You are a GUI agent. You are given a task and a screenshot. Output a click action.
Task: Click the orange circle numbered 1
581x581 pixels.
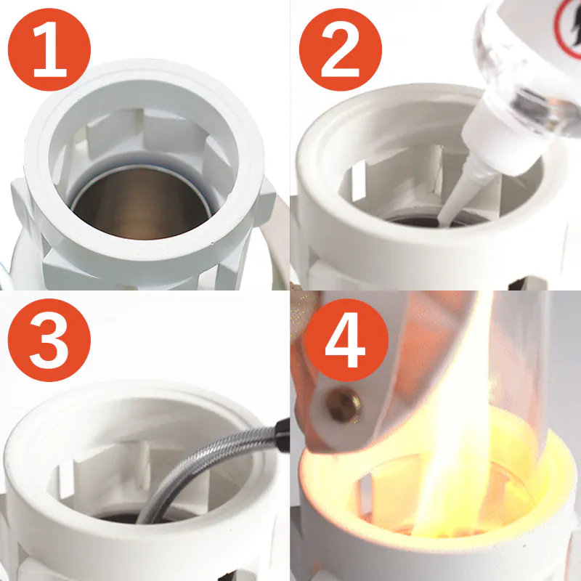coord(49,49)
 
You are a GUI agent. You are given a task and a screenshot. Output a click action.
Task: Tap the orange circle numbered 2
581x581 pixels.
coord(341,49)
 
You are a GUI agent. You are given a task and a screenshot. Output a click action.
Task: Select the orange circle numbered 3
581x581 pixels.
coord(49,340)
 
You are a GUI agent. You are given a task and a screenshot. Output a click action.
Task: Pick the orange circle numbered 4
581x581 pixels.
coord(347,340)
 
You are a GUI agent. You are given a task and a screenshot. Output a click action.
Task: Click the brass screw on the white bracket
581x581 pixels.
coord(344,405)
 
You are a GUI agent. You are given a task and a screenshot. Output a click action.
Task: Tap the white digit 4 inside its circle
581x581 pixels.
coord(346,340)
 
